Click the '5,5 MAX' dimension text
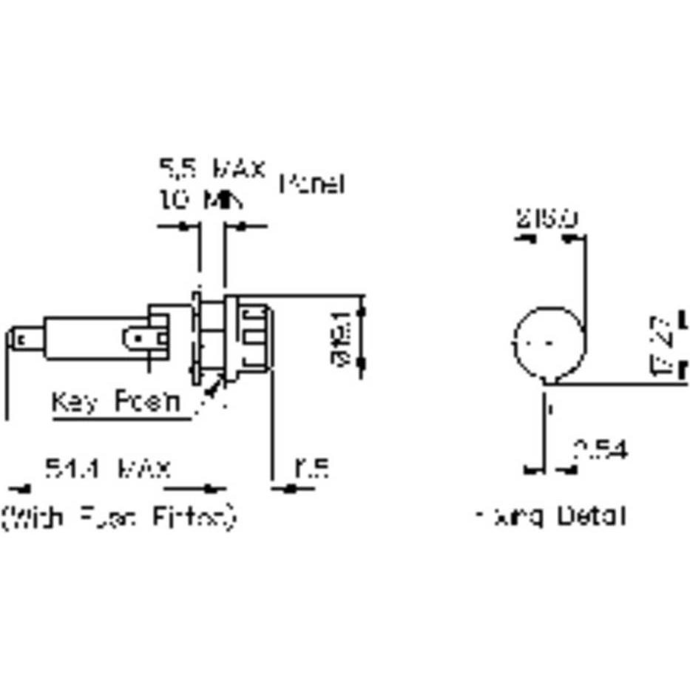(x=212, y=169)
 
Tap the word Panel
(x=312, y=184)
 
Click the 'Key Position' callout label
(x=115, y=403)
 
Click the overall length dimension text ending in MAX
(x=108, y=469)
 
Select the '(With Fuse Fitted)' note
(x=118, y=516)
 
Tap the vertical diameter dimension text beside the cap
(x=342, y=337)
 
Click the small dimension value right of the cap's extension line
(x=311, y=469)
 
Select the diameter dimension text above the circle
(x=547, y=219)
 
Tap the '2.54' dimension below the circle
(x=600, y=449)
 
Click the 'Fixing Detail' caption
(x=551, y=515)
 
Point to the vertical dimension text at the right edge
(x=663, y=345)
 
